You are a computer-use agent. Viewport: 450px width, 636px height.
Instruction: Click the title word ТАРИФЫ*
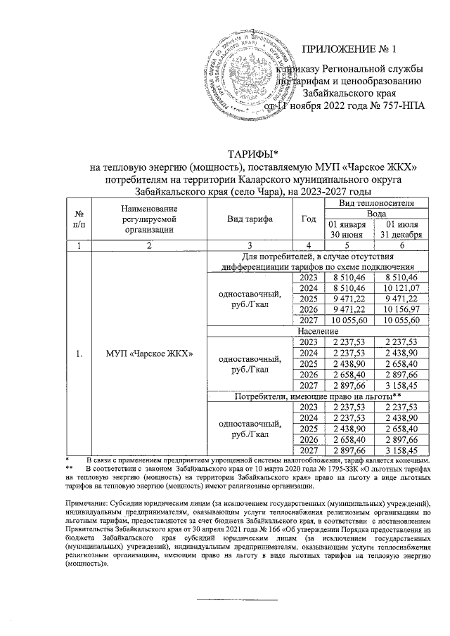click(x=252, y=154)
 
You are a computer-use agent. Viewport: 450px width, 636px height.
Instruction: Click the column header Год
click(x=307, y=218)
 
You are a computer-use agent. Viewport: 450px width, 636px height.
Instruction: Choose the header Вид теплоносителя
click(x=373, y=202)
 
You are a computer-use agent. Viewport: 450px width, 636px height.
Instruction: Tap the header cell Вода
click(x=373, y=213)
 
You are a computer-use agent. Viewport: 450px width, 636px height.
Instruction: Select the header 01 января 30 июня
click(x=347, y=228)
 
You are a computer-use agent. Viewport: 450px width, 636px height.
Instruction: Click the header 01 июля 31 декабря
click(x=399, y=228)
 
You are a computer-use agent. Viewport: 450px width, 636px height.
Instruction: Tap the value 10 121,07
click(x=399, y=288)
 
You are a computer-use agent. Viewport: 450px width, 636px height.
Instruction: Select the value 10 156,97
click(x=399, y=309)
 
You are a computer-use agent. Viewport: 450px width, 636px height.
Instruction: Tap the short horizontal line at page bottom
click(x=225, y=599)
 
